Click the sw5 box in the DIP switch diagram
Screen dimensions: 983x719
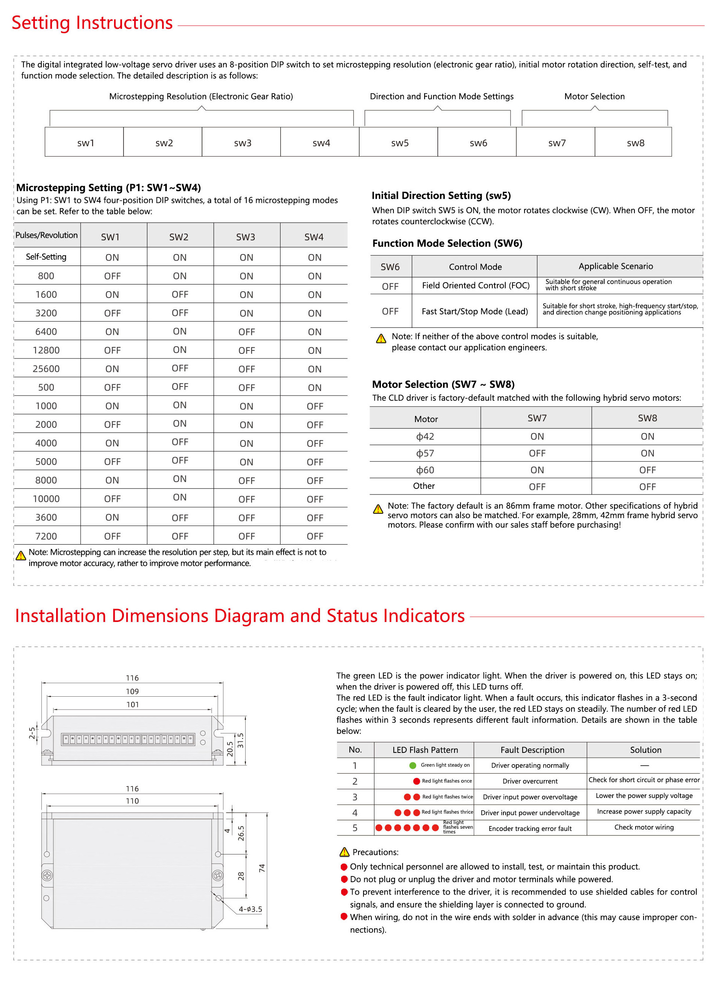tap(399, 143)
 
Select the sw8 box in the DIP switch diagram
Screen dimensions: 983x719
tap(635, 143)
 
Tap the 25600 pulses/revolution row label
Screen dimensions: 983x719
tap(46, 369)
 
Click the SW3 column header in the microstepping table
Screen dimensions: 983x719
tap(246, 237)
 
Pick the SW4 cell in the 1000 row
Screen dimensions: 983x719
tap(315, 406)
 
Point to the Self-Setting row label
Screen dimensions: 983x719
tap(46, 257)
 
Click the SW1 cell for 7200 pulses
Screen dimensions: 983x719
tap(112, 536)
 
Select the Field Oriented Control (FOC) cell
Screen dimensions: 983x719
tap(476, 286)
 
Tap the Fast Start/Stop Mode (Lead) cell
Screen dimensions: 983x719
tap(475, 311)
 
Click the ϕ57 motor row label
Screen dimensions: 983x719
tap(425, 454)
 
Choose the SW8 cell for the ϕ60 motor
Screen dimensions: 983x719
tap(647, 470)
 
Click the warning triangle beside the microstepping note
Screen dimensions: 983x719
tap(20, 556)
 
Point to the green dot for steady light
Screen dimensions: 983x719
tap(413, 765)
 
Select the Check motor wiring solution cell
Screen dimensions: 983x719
tap(644, 827)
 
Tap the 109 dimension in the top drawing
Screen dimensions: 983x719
tap(132, 691)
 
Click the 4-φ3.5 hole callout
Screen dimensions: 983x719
tap(250, 909)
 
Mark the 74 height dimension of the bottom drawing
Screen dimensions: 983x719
tap(262, 868)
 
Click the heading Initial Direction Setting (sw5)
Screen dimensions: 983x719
tap(441, 196)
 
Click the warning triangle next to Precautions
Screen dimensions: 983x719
tap(344, 852)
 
